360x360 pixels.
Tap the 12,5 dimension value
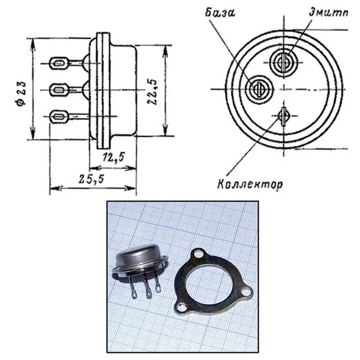tap(113, 158)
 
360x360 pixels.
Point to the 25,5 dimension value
tap(91, 179)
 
